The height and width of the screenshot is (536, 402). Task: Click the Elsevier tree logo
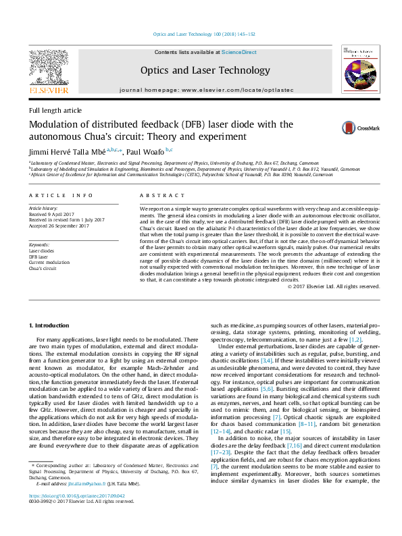coord(48,68)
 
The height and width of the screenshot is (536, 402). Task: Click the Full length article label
coord(55,110)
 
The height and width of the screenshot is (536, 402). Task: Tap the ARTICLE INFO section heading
coord(61,196)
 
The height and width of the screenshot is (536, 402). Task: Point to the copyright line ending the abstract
coord(334,286)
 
